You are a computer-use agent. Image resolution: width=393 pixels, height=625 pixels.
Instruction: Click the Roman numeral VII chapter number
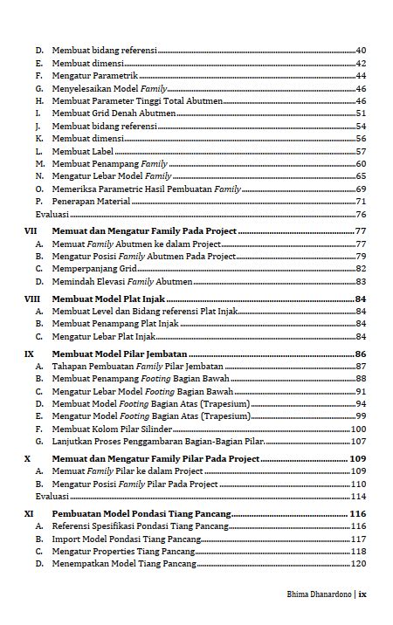(30, 231)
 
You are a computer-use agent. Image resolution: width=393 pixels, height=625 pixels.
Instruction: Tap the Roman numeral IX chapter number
(29, 354)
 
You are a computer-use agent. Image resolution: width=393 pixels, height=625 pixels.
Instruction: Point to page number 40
(361, 51)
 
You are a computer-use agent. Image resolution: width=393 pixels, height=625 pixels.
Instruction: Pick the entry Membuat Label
(83, 151)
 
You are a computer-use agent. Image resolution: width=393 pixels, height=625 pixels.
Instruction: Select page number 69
(361, 189)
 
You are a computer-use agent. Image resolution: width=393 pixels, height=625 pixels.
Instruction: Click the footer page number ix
(362, 594)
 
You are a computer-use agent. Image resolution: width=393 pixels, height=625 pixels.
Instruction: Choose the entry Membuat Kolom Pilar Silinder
(111, 429)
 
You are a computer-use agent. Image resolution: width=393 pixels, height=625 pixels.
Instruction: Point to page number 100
(358, 429)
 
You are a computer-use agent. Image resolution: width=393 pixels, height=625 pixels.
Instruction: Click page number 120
(358, 564)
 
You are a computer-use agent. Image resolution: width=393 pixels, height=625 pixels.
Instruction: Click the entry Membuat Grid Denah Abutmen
(110, 113)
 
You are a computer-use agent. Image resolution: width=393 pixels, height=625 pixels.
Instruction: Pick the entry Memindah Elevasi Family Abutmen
(122, 282)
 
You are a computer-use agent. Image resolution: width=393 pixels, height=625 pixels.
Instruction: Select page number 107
(358, 442)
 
